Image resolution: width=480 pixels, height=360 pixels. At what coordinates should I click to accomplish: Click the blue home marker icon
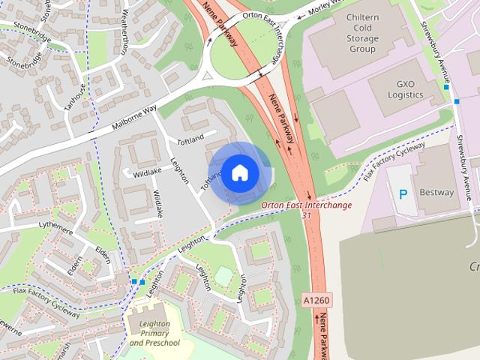coord(239,173)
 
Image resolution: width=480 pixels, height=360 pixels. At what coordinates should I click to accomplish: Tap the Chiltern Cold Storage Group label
coord(362,33)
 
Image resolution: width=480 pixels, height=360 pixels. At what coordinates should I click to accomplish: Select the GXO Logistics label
coord(406,89)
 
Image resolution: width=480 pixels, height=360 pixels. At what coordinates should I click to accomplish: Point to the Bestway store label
coord(436,192)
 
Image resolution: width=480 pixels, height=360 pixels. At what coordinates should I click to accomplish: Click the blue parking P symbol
coord(403,194)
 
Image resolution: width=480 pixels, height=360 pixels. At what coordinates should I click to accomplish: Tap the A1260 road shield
coord(316,300)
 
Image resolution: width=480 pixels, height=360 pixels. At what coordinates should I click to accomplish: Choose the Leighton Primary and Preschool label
coord(154,333)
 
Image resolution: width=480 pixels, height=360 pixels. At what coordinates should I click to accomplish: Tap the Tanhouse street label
coord(75,97)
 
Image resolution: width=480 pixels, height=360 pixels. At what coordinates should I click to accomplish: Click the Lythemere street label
coord(58,223)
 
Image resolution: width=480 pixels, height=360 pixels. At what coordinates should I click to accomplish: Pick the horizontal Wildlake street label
coord(148,172)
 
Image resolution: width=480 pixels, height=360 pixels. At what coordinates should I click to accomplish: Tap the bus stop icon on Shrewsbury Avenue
coord(446,87)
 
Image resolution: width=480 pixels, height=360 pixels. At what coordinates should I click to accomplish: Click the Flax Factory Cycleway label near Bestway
coord(394,161)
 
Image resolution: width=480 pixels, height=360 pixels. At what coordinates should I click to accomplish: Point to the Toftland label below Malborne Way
coord(190,140)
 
